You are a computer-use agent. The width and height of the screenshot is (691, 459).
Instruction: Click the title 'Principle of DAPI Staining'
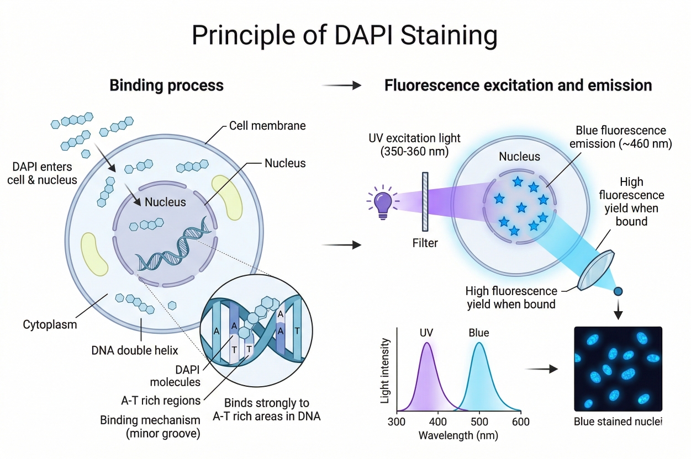[345, 35]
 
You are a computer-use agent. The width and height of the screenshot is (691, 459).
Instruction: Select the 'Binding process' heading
[166, 86]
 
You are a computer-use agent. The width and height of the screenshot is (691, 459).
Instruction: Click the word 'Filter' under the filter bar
[425, 243]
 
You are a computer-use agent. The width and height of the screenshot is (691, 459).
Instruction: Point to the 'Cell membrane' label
[267, 126]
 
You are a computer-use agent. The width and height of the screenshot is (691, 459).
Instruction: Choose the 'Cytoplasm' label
[50, 324]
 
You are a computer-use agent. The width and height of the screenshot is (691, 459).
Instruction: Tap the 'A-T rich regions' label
[161, 399]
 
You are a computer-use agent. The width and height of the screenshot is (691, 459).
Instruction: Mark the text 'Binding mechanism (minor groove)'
[150, 427]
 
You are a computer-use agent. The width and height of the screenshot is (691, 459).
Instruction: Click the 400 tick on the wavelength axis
[438, 422]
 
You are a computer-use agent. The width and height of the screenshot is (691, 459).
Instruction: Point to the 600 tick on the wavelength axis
[521, 422]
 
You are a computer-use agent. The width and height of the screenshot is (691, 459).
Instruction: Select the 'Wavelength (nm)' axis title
[458, 436]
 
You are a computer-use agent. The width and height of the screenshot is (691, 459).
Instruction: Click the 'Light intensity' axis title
[386, 370]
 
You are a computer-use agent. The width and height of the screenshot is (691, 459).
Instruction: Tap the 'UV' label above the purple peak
[426, 333]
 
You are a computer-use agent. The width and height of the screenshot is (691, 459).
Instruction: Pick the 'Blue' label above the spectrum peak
[478, 333]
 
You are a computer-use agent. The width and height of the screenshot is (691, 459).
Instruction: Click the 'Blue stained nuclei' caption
[618, 422]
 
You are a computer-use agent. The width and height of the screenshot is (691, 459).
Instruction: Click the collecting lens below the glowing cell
[596, 270]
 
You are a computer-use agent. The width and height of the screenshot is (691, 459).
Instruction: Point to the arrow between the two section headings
[341, 86]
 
